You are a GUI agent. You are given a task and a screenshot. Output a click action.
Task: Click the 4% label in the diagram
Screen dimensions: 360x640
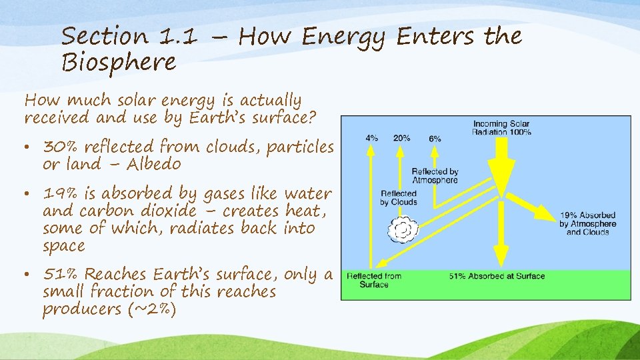tap(372, 138)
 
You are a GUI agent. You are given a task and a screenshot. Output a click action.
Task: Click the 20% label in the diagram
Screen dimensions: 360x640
tap(401, 138)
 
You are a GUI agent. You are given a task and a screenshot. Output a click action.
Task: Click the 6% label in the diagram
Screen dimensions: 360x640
tap(435, 138)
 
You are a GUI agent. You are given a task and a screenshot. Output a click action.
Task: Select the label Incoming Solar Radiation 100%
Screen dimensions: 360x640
tap(501, 128)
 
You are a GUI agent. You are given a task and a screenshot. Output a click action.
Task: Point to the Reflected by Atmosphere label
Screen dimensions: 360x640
tap(435, 176)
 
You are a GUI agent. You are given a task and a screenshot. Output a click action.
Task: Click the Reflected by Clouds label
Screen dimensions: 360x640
tap(399, 198)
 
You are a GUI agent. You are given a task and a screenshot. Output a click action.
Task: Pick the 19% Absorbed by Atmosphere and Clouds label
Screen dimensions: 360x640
tap(587, 224)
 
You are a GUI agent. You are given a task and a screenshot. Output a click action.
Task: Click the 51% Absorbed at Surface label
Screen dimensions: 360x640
tap(497, 276)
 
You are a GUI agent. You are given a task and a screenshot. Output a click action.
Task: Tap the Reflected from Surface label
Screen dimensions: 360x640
tap(374, 280)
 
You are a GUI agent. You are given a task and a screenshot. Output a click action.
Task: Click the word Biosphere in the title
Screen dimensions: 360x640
tap(119, 63)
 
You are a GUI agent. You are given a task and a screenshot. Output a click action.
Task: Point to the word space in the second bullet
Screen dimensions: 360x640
tap(64, 246)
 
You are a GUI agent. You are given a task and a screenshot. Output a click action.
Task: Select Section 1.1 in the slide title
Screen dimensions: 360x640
tap(129, 36)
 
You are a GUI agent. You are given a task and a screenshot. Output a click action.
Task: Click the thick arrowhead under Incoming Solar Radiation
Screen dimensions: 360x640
tap(500, 179)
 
